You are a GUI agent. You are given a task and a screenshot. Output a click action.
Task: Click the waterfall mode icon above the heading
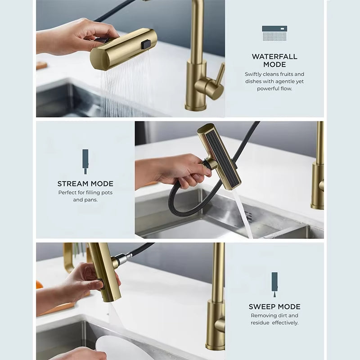tap(274, 33)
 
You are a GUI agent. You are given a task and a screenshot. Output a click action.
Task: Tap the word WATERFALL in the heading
tap(274, 57)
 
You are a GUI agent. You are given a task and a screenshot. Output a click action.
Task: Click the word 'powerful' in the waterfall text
tap(266, 89)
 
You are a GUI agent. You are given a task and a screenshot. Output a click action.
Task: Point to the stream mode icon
tap(85, 162)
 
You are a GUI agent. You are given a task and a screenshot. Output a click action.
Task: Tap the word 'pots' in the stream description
tap(107, 193)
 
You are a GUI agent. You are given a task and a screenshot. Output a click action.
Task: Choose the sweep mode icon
tap(274, 285)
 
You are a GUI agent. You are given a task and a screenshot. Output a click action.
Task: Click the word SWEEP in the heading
tap(260, 307)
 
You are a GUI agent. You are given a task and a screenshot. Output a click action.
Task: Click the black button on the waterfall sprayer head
tap(146, 44)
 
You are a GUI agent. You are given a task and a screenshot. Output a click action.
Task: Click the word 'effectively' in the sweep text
tap(285, 323)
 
